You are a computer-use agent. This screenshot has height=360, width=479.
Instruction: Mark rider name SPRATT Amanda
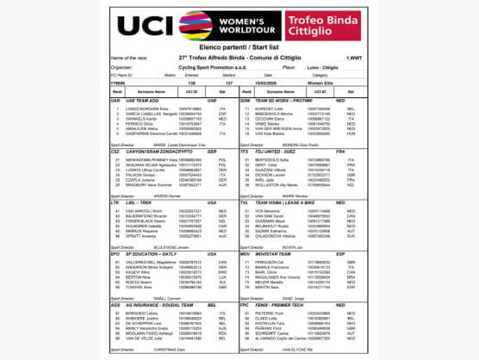point(141,235)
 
